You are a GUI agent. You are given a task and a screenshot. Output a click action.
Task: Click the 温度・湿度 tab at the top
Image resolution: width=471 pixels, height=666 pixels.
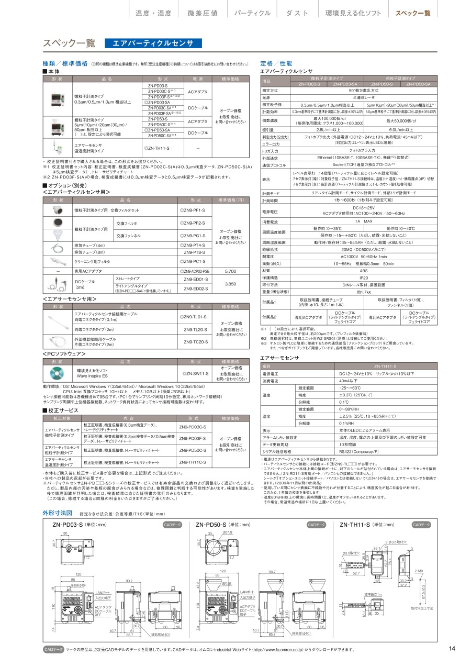point(154,13)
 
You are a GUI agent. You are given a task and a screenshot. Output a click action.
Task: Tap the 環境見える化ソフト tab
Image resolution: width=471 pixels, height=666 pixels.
point(353,13)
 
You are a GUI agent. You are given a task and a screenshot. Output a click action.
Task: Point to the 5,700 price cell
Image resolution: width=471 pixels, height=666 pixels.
point(230,271)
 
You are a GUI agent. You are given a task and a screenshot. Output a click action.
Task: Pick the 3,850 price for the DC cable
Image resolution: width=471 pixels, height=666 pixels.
point(230,283)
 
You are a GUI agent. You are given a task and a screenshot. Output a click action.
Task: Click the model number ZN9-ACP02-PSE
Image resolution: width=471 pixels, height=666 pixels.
point(195,271)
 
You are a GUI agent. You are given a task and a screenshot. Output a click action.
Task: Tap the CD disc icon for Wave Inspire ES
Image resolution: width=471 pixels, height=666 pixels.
point(57,373)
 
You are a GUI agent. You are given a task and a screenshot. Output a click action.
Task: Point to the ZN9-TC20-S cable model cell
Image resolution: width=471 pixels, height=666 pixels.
point(195,341)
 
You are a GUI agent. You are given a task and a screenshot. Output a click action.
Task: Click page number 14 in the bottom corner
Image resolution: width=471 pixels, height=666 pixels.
point(452,649)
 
